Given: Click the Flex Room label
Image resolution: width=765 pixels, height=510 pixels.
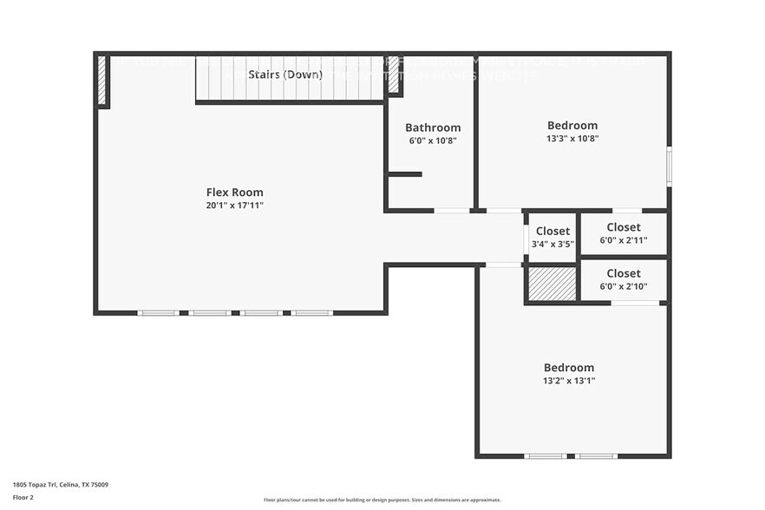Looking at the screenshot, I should tap(234, 193).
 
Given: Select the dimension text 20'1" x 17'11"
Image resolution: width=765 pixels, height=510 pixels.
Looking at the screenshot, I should tap(234, 206).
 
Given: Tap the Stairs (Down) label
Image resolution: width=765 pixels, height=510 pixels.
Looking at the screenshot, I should tap(285, 75).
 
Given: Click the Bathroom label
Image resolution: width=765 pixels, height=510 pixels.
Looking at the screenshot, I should tap(433, 127).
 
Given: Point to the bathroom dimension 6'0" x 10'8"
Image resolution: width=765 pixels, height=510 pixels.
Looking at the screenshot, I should tap(433, 141).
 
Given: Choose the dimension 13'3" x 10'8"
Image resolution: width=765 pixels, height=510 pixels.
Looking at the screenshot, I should tap(572, 138).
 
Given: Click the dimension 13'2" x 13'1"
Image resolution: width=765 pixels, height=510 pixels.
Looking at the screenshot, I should tap(569, 380).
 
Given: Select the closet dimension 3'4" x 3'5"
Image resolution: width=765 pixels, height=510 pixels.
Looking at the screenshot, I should tap(552, 244).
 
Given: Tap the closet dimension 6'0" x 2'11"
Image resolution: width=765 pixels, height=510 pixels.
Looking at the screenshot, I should tap(624, 240).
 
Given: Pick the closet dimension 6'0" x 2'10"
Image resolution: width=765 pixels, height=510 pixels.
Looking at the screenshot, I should tap(624, 286).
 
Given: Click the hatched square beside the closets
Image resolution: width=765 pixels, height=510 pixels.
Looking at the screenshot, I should tap(552, 284).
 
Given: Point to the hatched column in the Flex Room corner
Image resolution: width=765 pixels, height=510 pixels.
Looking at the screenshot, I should tap(102, 81).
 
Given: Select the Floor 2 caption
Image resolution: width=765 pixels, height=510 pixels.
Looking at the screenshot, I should tap(23, 497).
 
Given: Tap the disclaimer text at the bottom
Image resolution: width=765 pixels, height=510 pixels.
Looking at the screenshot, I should tap(382, 500).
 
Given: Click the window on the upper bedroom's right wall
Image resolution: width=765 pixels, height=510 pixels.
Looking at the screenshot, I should tap(669, 166).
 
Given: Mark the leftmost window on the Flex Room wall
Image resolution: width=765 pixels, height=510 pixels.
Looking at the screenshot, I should tap(159, 312).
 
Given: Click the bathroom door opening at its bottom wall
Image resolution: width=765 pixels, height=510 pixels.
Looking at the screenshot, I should tap(451, 210).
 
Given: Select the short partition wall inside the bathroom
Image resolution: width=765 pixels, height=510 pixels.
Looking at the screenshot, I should tap(404, 174).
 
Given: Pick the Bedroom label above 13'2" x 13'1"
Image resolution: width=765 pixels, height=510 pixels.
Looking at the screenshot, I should tap(569, 367).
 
